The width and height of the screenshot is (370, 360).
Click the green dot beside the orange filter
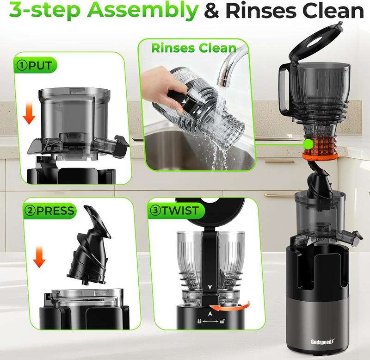pyautogui.click(x=307, y=144)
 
